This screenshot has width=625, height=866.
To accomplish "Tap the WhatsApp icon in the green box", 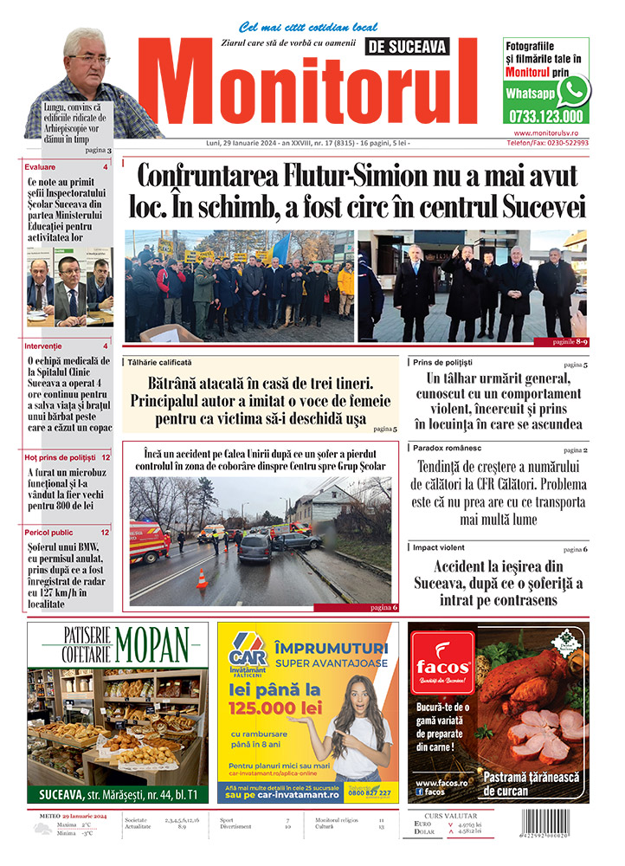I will coord(571,91).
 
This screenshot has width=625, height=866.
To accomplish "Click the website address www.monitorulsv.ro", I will coord(551,132).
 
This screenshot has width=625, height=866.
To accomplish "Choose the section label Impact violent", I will coord(438,547).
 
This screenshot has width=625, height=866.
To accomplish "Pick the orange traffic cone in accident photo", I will coord(202,579).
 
